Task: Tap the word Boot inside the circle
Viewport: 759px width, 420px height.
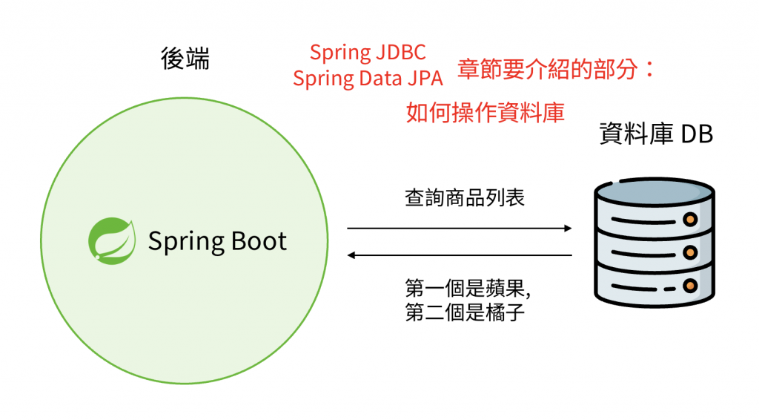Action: pos(249,241)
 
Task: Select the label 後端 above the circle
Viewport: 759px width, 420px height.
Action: pos(185,59)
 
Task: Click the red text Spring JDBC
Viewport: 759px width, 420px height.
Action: pos(368,53)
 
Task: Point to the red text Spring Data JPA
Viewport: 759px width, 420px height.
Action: pos(368,78)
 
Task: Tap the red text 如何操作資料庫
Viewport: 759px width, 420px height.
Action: pos(485,112)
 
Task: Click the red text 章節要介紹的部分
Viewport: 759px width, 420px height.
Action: pos(548,70)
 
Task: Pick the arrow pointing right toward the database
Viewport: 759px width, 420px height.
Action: pos(460,228)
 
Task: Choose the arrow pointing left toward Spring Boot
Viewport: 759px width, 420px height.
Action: pos(460,256)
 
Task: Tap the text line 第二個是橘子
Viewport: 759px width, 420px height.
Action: pos(465,312)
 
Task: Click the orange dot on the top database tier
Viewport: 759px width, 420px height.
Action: pos(690,220)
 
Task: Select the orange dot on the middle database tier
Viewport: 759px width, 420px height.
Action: pos(690,253)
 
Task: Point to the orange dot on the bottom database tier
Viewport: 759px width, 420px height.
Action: pos(690,286)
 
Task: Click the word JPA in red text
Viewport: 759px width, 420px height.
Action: pos(423,78)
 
